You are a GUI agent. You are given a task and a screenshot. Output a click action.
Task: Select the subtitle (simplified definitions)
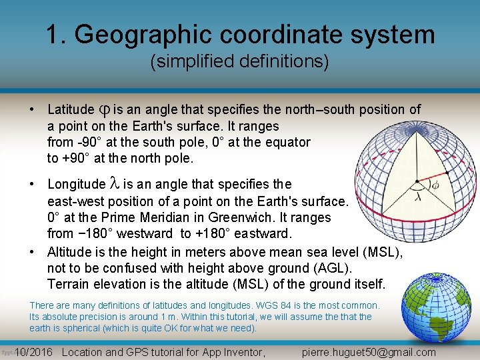[239, 62]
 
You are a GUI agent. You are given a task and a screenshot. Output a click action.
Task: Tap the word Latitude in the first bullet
[71, 109]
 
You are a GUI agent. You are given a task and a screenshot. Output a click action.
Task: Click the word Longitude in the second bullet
[76, 184]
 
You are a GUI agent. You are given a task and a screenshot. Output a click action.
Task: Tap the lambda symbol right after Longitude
[113, 184]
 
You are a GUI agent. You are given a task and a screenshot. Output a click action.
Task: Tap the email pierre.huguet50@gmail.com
[369, 352]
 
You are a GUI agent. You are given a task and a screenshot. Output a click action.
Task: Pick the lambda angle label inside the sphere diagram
[417, 197]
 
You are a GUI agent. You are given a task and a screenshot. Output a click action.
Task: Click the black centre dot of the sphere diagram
[417, 180]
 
